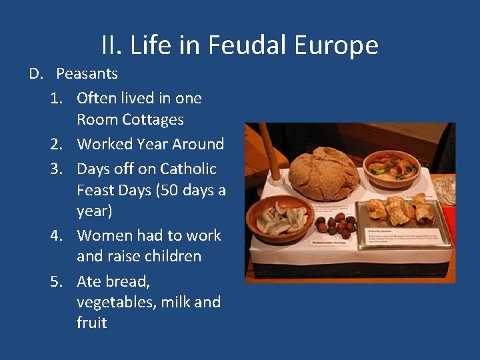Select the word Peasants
(x=87, y=73)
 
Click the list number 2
(x=57, y=144)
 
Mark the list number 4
(x=57, y=235)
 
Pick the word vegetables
(x=113, y=302)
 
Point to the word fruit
(x=91, y=323)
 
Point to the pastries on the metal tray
(x=399, y=209)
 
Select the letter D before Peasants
(x=35, y=73)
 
